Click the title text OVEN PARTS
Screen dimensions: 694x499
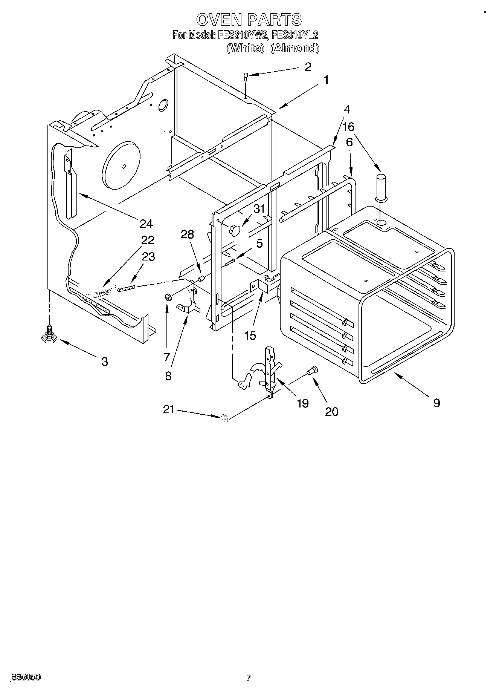click(249, 19)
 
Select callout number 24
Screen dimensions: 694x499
click(146, 224)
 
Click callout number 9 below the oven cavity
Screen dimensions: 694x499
click(436, 403)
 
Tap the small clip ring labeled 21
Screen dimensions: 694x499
click(225, 418)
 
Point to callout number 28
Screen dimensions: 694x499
click(187, 234)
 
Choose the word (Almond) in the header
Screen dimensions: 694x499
click(295, 48)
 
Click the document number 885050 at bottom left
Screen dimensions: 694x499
click(26, 678)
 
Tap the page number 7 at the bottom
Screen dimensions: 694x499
click(249, 678)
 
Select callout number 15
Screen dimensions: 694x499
click(250, 335)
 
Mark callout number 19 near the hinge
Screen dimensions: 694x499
click(303, 403)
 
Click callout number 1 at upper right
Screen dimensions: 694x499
click(326, 80)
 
